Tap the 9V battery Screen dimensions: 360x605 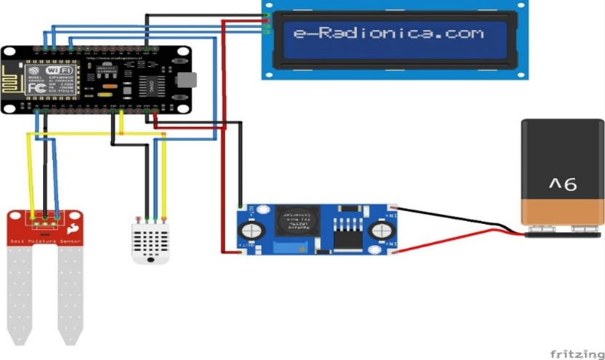(562, 175)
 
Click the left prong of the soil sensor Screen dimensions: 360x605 (20, 291)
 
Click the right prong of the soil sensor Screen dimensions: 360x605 (71, 291)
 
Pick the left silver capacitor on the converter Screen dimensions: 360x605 (253, 230)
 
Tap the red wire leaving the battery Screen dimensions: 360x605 (465, 239)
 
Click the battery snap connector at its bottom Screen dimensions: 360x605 (564, 232)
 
